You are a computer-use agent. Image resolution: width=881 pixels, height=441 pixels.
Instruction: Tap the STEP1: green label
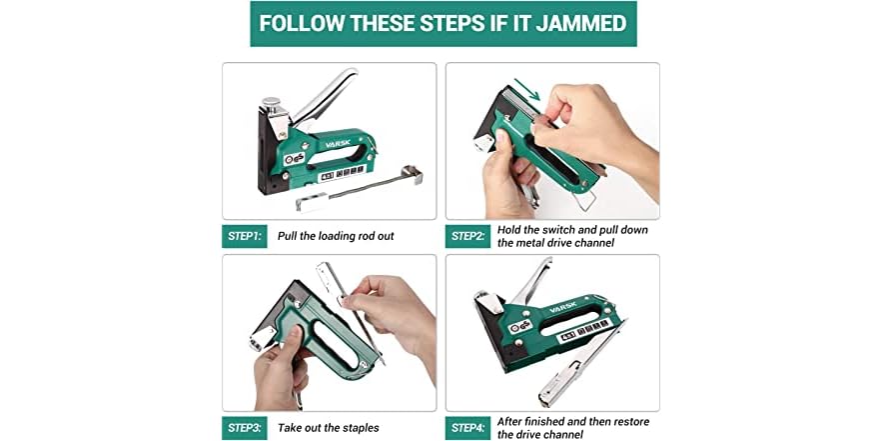244,237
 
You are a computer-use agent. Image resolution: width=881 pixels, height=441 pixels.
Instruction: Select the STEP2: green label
467,237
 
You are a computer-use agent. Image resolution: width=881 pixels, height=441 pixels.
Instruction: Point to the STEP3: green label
244,428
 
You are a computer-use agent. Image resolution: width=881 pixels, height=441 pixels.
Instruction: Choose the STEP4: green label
467,428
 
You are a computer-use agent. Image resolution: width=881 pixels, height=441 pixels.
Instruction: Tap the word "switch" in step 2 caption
566,230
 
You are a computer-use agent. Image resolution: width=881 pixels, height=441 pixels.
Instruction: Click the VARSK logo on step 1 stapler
339,142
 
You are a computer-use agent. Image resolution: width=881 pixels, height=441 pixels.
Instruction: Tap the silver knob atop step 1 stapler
270,103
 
